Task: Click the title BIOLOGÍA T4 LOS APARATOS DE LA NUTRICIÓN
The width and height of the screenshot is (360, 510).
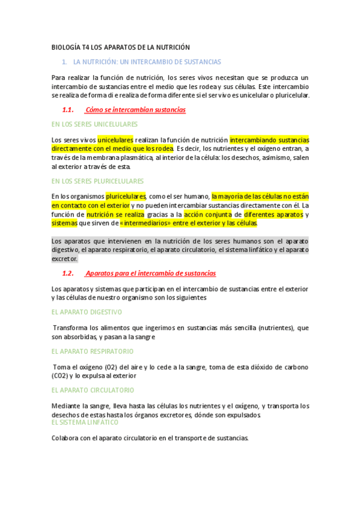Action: click(x=120, y=47)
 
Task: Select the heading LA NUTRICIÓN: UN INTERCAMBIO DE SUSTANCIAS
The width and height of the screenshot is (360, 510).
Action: click(x=147, y=62)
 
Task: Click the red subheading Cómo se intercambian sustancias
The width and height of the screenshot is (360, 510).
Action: click(x=135, y=109)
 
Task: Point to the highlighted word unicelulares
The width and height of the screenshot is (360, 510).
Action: click(x=115, y=140)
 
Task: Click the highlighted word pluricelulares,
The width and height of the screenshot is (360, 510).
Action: click(x=126, y=196)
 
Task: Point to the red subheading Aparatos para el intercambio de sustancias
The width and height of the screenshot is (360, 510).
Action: click(x=150, y=273)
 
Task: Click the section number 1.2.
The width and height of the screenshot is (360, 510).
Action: click(x=67, y=273)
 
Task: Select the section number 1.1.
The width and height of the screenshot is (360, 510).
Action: click(x=67, y=109)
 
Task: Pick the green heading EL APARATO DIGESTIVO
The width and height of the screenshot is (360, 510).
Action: click(x=87, y=312)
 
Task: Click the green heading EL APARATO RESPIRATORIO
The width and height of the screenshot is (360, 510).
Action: click(x=93, y=351)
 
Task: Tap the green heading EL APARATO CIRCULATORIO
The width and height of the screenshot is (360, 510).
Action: click(x=93, y=390)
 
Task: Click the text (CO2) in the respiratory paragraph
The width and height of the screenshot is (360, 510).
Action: click(x=59, y=376)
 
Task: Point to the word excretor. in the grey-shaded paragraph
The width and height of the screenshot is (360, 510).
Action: click(x=65, y=259)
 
